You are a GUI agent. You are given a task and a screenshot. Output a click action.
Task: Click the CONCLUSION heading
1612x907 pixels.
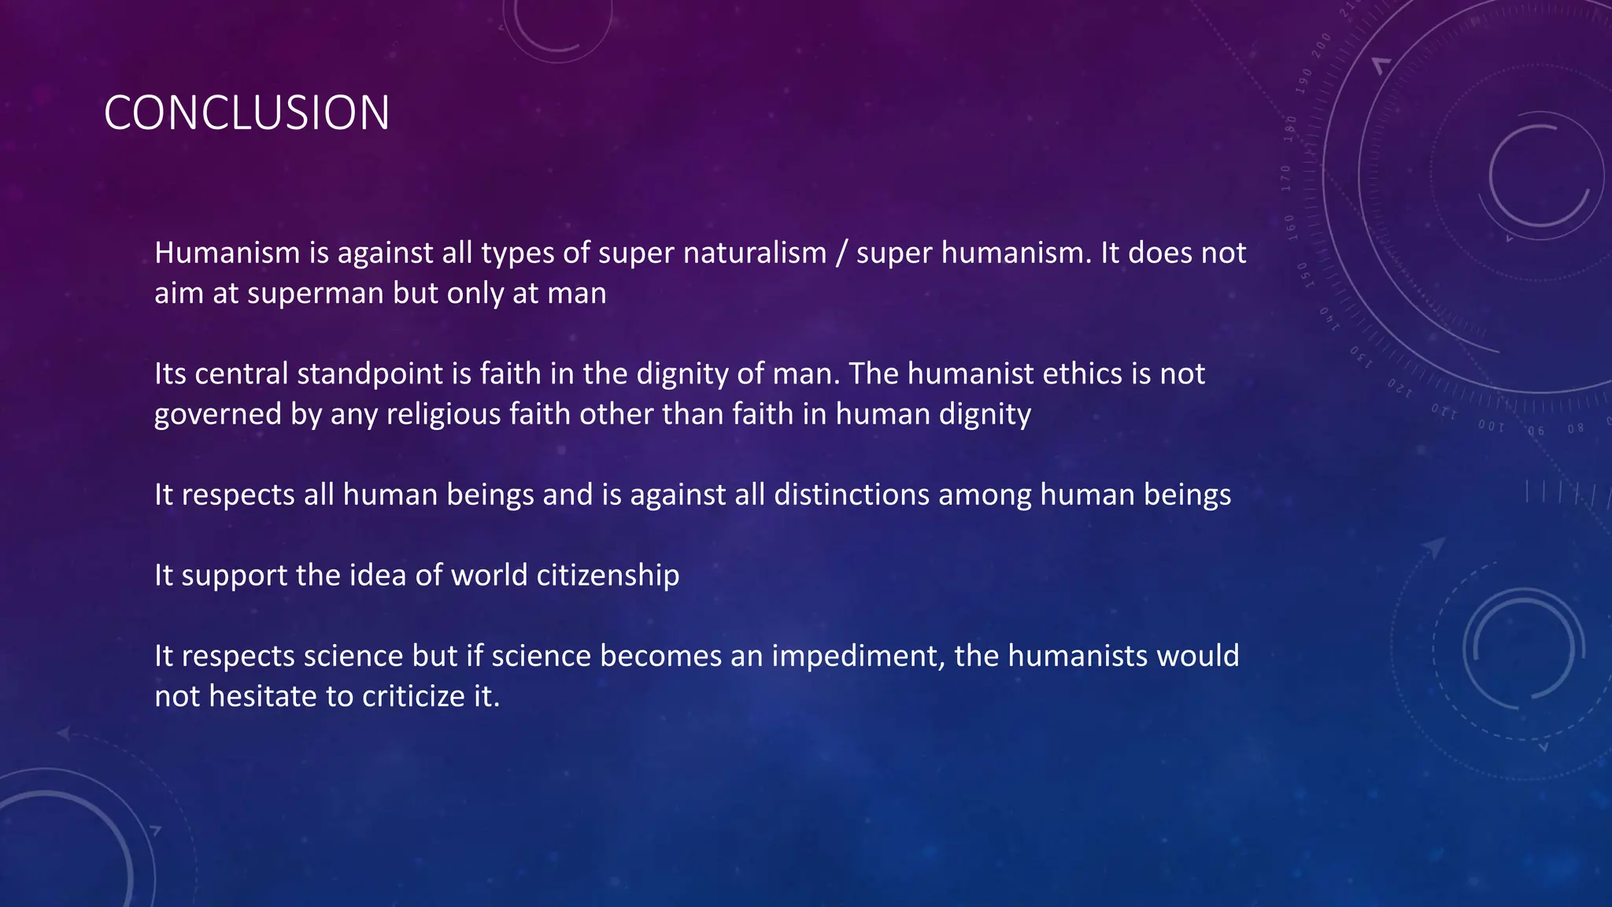tap(246, 113)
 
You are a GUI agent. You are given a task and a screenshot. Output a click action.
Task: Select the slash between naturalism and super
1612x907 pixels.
tap(841, 254)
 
